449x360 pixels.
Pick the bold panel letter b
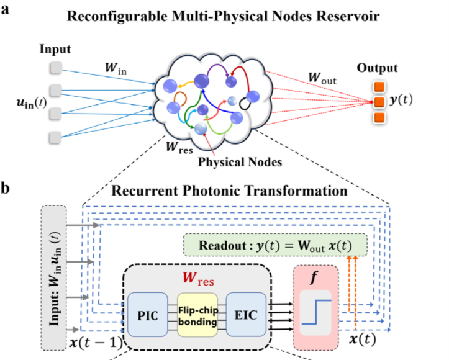[6, 186]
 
